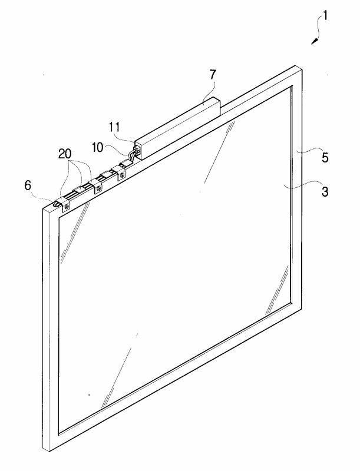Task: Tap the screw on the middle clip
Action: coord(98,188)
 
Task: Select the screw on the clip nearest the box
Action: coord(123,175)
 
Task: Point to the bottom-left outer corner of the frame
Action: coord(43,449)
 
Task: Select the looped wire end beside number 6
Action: coord(57,204)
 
